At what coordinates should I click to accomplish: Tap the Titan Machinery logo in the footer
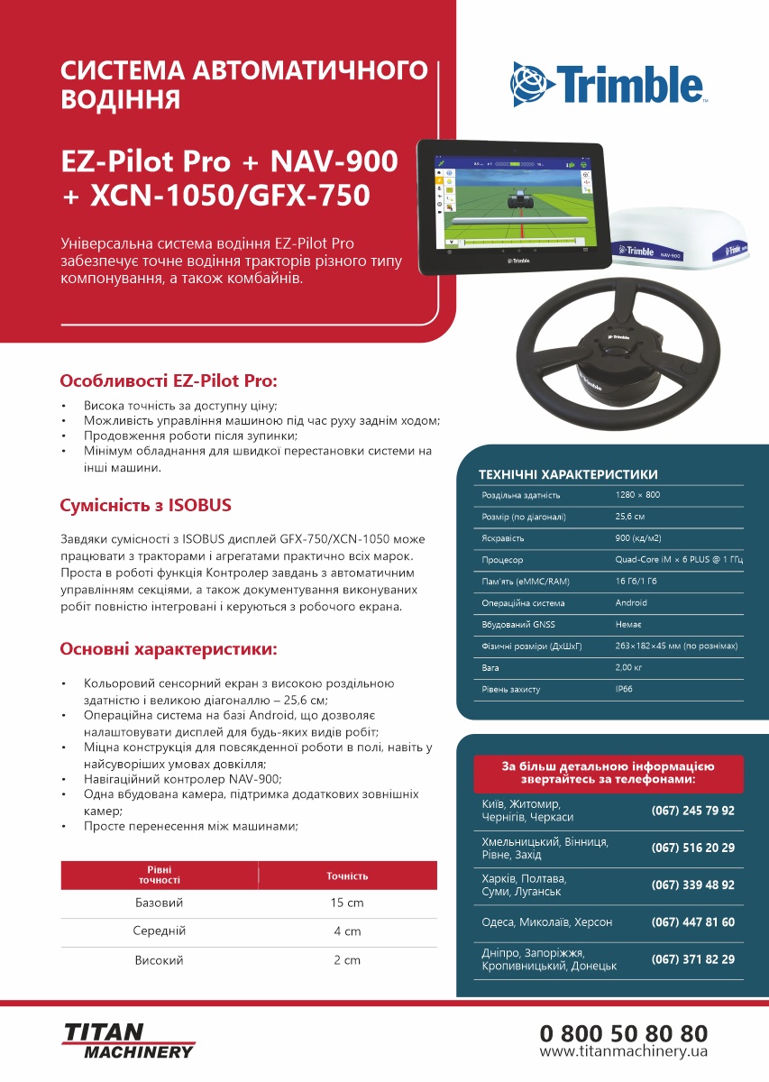128,1040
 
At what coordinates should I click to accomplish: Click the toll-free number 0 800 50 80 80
624,1032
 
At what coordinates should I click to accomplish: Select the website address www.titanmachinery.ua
624,1052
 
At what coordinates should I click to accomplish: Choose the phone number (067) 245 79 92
692,811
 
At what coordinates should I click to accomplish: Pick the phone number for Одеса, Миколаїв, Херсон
692,922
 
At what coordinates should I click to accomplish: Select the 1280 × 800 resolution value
637,495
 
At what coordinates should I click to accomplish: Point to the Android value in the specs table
631,603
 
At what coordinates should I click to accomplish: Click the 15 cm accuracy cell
347,903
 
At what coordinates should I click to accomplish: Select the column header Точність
347,876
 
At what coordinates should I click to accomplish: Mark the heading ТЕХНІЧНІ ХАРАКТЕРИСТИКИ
568,474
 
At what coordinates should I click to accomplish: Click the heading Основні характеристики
168,649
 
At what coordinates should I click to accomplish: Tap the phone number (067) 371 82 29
692,959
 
